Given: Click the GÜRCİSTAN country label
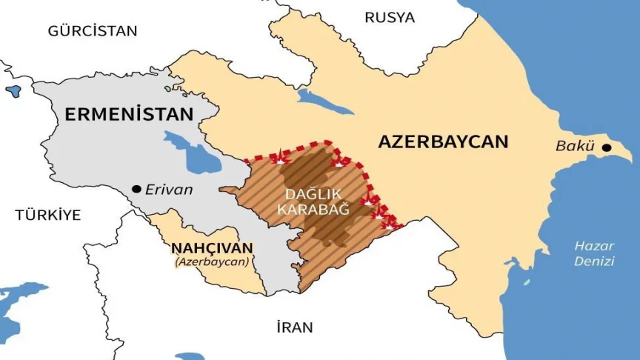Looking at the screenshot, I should tap(93, 31).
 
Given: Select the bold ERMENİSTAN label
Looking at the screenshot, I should tap(129, 114).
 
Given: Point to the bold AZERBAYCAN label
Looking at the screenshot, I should tap(443, 141).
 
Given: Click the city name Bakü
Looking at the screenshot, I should tap(575, 147).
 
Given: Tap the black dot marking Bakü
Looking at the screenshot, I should tap(607, 147).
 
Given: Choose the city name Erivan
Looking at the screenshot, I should tap(169, 190).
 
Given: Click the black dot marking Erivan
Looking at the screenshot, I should tap(136, 190).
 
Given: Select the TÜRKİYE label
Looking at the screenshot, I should tap(47, 216).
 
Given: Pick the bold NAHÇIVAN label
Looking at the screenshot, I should tap(212, 248).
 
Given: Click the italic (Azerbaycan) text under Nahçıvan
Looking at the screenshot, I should tap(212, 261).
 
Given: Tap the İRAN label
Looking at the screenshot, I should tap(294, 327).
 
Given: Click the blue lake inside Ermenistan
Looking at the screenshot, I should tap(191, 152).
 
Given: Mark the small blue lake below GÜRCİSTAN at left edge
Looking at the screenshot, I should tap(13, 91).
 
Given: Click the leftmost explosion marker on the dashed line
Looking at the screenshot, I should tap(279, 158).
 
